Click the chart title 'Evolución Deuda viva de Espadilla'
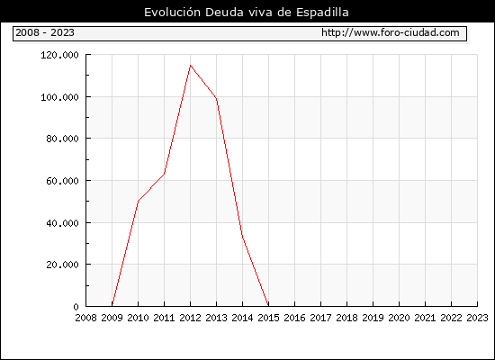click(x=247, y=13)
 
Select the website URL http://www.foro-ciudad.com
click(x=391, y=32)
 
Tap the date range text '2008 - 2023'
click(x=45, y=32)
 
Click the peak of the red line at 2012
click(x=191, y=66)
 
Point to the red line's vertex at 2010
click(x=139, y=202)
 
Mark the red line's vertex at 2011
click(x=164, y=174)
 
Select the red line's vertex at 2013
click(x=217, y=99)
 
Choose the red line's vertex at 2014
click(x=242, y=237)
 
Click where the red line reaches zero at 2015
click(x=268, y=306)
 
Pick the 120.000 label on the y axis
click(x=59, y=55)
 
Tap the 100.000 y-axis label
click(x=59, y=97)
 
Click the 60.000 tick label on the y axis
click(x=62, y=181)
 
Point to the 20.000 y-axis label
click(x=62, y=265)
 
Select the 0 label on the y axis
click(x=76, y=307)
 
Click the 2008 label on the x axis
click(x=85, y=318)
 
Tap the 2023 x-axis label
click(x=477, y=318)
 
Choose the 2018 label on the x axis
click(x=346, y=318)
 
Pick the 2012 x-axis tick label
click(x=191, y=318)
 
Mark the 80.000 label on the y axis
click(x=62, y=139)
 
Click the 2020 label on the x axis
click(x=399, y=318)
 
